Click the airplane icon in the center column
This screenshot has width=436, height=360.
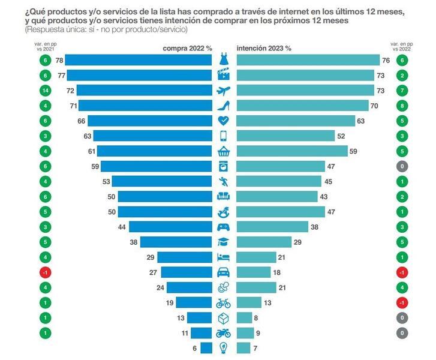(x=223, y=91)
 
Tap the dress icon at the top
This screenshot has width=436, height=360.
(x=223, y=59)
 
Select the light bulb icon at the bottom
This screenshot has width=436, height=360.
(x=223, y=347)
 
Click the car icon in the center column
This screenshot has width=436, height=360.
(x=223, y=272)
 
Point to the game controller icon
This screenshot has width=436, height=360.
(x=223, y=226)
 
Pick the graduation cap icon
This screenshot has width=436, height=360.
(x=223, y=242)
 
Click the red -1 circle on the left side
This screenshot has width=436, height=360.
(x=45, y=272)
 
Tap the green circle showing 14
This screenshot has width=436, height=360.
(x=45, y=90)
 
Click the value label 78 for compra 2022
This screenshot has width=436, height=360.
(x=59, y=60)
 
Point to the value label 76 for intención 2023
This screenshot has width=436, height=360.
(x=386, y=60)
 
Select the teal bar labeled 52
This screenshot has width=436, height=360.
(x=285, y=136)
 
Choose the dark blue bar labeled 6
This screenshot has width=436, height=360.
(x=206, y=347)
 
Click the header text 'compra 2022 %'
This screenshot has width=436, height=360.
(x=188, y=47)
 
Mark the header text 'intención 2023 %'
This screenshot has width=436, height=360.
(x=264, y=47)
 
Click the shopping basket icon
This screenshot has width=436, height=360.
(x=223, y=151)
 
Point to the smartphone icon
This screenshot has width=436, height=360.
(x=223, y=136)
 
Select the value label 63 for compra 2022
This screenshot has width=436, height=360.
(x=88, y=136)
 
